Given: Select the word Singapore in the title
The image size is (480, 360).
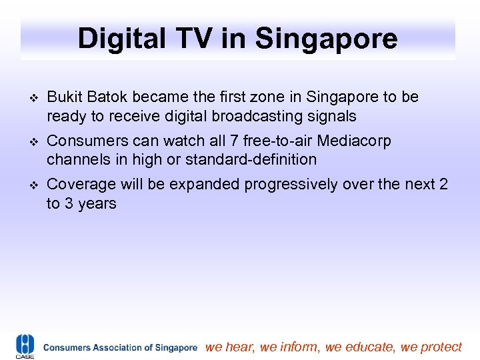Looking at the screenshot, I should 327,39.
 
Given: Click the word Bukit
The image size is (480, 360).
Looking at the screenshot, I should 65,97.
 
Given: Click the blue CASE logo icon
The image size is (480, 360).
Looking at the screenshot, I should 25,346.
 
